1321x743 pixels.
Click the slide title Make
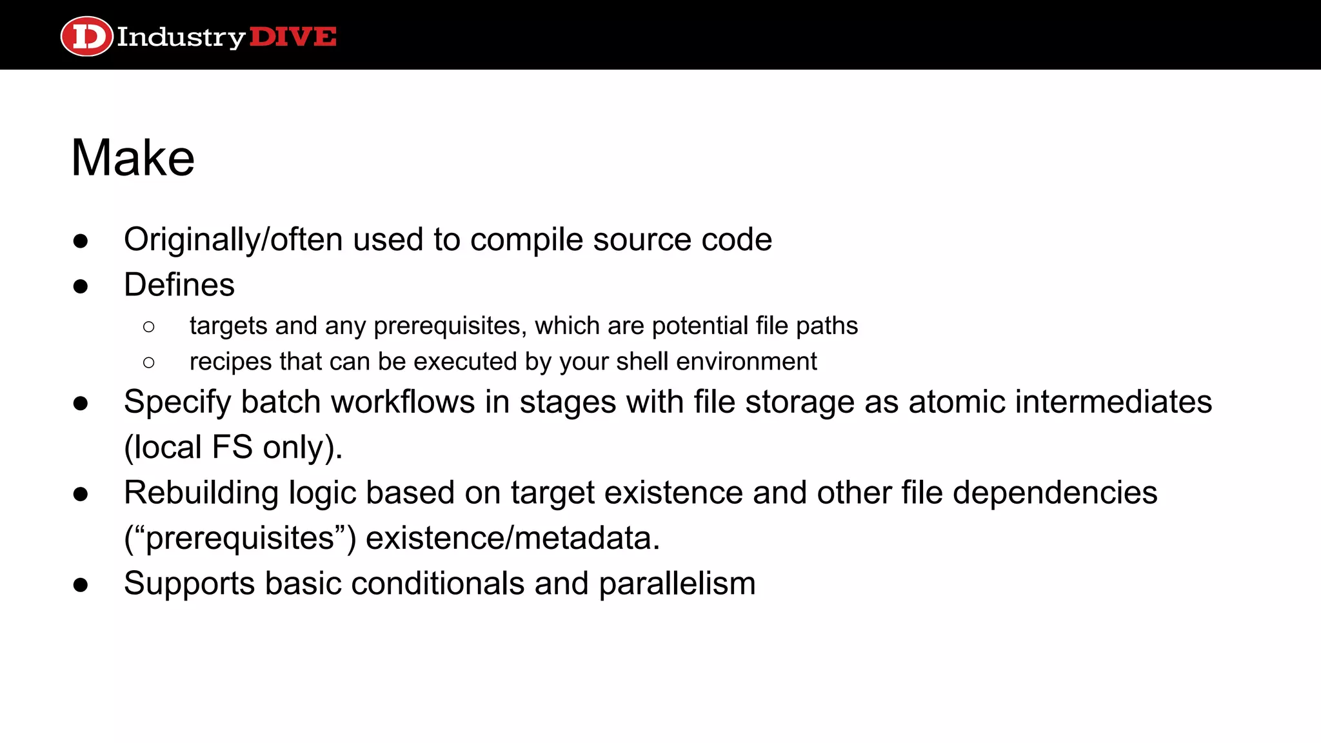(133, 158)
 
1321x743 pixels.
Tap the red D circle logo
(86, 36)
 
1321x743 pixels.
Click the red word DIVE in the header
(293, 37)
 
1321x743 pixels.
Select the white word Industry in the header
(181, 37)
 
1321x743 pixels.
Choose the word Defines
(179, 285)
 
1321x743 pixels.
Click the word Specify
(177, 402)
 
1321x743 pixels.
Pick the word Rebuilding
(201, 493)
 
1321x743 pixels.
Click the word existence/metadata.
(513, 539)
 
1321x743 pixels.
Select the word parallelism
(677, 584)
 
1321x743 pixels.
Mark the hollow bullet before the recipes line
(149, 362)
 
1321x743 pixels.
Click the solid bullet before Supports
(81, 585)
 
